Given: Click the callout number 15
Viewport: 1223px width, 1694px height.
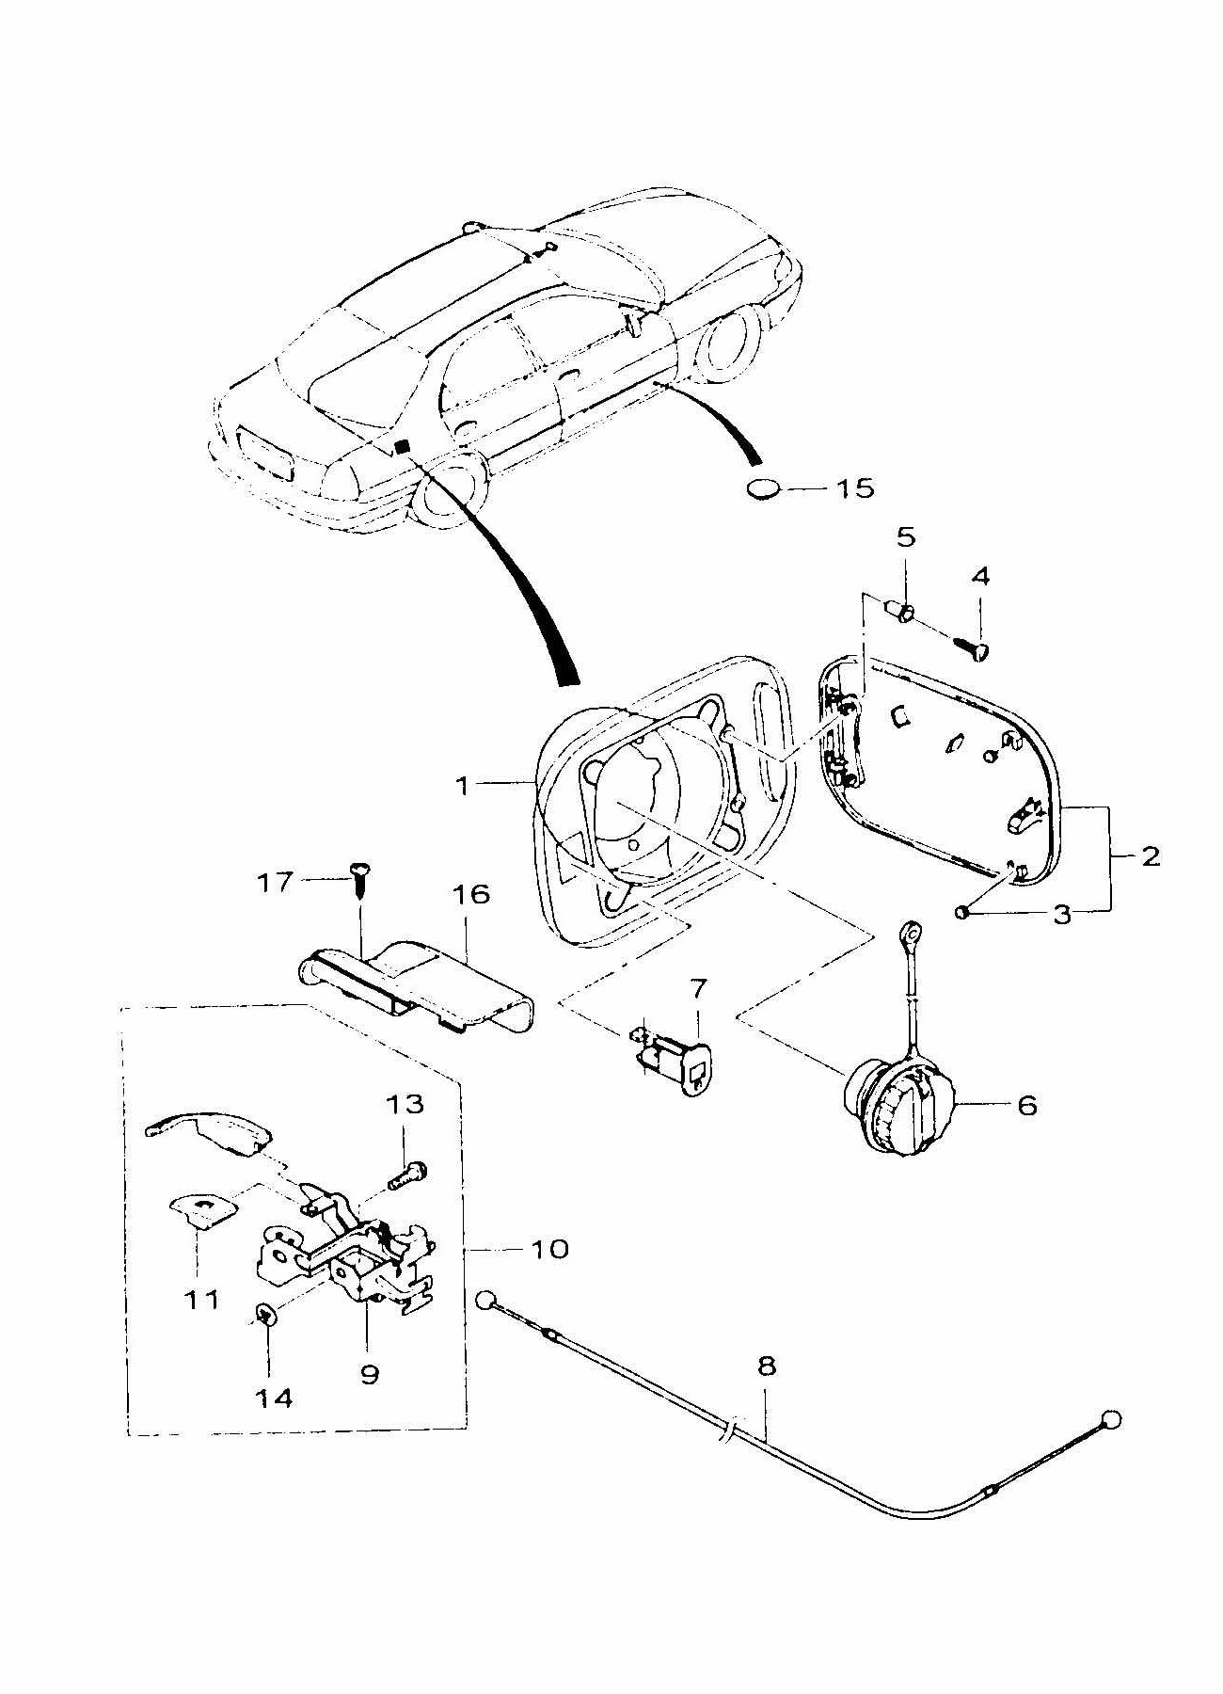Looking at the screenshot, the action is [853, 487].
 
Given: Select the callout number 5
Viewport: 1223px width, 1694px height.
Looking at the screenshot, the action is [905, 537].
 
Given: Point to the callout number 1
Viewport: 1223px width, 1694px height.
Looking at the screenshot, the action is [462, 784].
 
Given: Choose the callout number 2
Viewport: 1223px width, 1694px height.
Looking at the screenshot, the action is [1150, 856].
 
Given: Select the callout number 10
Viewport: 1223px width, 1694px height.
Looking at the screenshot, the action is [549, 1249].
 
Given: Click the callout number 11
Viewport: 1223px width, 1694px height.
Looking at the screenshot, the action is [202, 1300].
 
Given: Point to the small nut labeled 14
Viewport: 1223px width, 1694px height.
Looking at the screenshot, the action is [265, 1314].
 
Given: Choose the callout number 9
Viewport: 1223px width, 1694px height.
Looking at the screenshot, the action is [370, 1374].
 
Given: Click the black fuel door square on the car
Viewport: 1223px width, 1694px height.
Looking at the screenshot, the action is [402, 447].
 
